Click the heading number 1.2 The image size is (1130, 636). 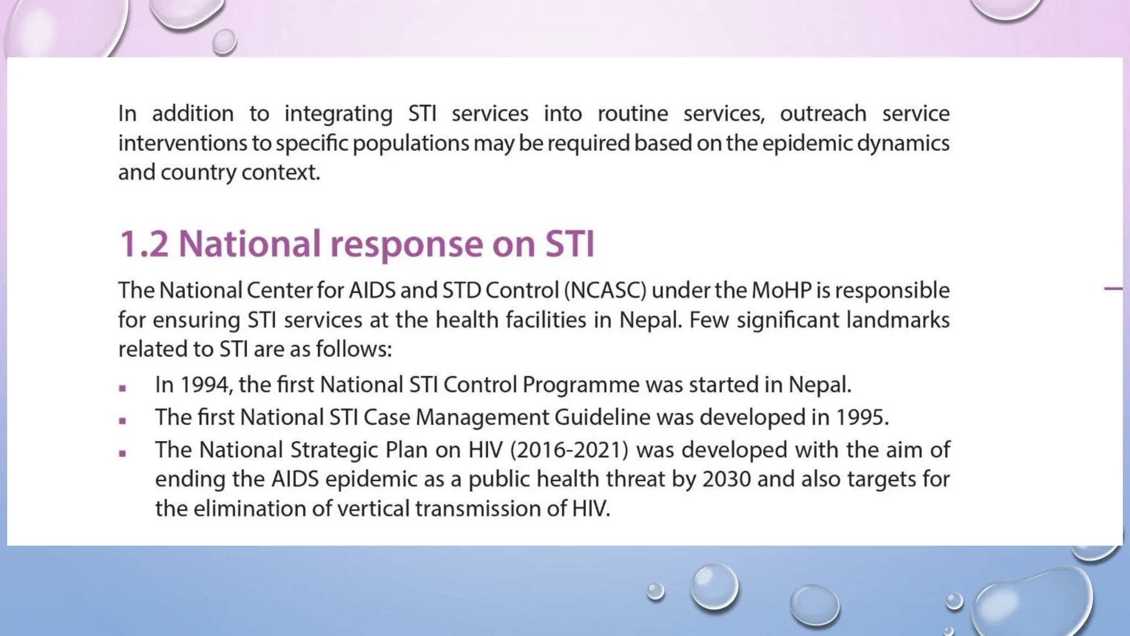(x=144, y=243)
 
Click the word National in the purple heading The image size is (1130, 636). (x=249, y=243)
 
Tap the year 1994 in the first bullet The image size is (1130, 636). (x=205, y=385)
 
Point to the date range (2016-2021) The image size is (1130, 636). (x=569, y=450)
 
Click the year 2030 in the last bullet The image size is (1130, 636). (x=726, y=479)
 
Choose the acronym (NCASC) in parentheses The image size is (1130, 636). (x=605, y=290)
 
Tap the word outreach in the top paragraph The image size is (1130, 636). (x=823, y=114)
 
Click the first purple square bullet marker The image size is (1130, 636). (x=122, y=388)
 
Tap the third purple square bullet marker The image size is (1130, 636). (x=122, y=454)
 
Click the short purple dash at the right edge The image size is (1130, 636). (x=1113, y=288)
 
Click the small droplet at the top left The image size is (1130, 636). (x=224, y=42)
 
